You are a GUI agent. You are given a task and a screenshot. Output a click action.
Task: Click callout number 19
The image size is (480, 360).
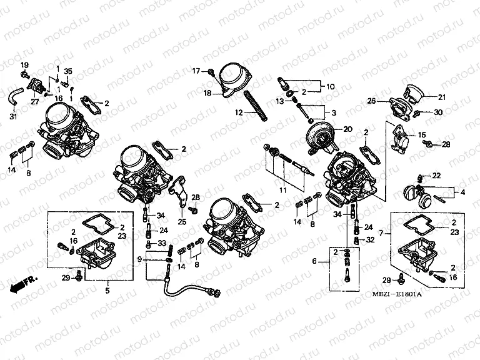[25, 66]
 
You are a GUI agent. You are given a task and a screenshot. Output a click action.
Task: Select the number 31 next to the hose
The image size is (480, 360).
[14, 117]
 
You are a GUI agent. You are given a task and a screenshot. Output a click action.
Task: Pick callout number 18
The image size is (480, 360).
[207, 92]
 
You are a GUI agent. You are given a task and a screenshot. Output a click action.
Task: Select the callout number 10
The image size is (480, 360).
[331, 86]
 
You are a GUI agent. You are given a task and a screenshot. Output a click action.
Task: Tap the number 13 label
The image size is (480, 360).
[280, 101]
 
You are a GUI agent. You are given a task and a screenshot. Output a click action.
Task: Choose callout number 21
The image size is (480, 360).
[442, 97]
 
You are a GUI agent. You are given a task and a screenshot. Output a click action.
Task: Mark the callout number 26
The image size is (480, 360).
[371, 101]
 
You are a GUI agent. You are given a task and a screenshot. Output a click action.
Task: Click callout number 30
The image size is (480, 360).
[437, 112]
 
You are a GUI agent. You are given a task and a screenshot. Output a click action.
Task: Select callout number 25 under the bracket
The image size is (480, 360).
[182, 221]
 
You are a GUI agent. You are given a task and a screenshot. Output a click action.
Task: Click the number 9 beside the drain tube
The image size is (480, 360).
[140, 259]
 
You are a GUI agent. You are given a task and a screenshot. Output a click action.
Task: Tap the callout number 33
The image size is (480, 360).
[161, 243]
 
